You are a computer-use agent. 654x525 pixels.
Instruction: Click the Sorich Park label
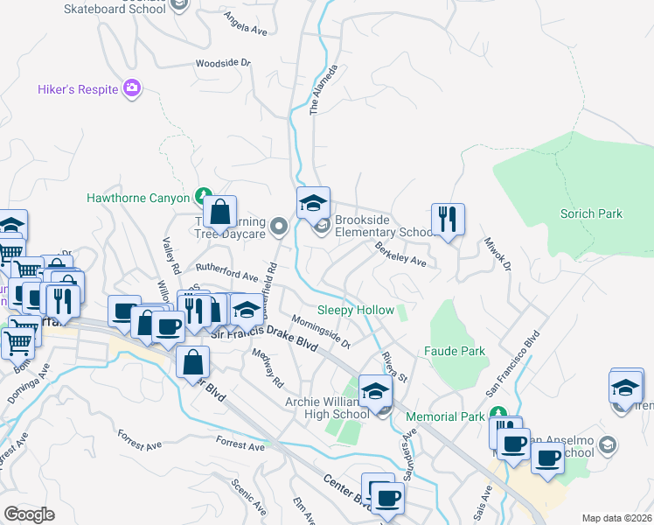(x=596, y=213)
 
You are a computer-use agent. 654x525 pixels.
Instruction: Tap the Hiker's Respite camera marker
(x=132, y=87)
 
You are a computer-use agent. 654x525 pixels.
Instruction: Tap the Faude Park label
(x=454, y=351)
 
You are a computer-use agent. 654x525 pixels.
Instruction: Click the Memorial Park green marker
(x=497, y=414)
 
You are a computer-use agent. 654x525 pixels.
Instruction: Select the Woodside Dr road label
(x=222, y=64)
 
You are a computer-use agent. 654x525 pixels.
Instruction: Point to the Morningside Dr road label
(x=321, y=331)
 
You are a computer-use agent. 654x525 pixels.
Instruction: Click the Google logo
(x=29, y=514)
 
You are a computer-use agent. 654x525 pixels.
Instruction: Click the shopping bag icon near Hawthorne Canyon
(x=220, y=211)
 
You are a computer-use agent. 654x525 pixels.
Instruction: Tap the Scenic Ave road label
(x=248, y=496)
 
